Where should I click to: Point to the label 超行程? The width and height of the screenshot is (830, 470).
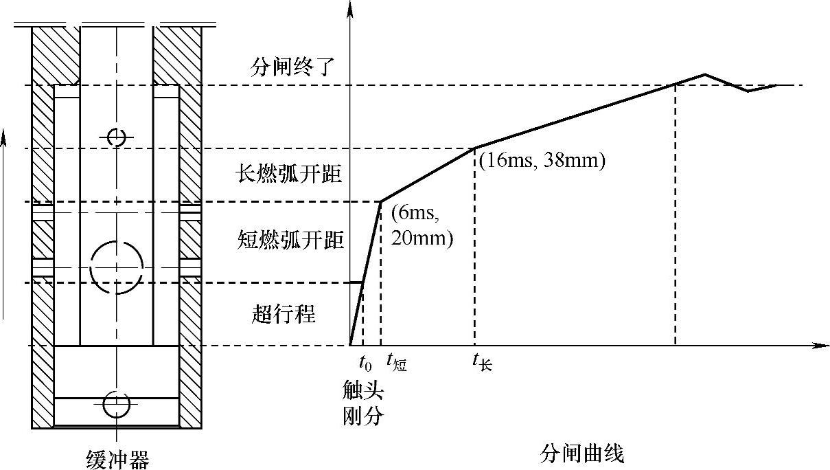(284, 315)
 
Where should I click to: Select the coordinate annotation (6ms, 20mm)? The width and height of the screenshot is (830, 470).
(422, 226)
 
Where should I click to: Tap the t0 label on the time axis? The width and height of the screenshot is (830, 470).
(365, 361)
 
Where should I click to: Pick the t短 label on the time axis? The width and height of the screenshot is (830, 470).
(396, 362)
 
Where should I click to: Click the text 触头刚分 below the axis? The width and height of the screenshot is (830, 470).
(362, 403)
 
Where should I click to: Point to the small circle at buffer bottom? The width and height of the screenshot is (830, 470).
(116, 403)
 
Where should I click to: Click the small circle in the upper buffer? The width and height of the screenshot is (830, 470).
(117, 137)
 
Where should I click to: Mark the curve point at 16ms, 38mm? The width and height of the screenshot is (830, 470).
(475, 148)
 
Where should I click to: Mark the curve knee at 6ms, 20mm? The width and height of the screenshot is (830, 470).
(381, 201)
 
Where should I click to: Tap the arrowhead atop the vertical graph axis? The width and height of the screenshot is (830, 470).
(350, 8)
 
